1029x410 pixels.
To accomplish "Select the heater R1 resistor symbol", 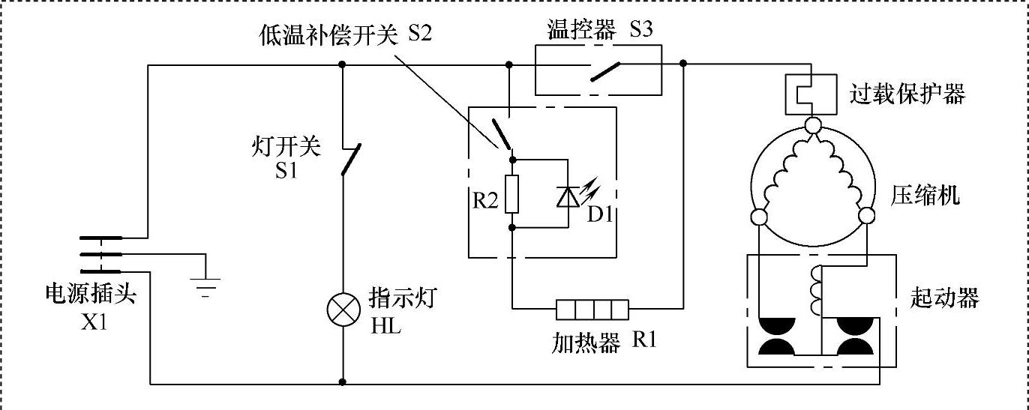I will tap(592, 308).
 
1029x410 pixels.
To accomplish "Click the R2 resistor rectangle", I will tap(511, 193).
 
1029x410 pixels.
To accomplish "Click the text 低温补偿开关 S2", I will tap(346, 35).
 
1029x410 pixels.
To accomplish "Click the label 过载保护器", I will tap(907, 95).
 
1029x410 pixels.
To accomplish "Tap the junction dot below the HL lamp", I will tap(343, 382).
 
